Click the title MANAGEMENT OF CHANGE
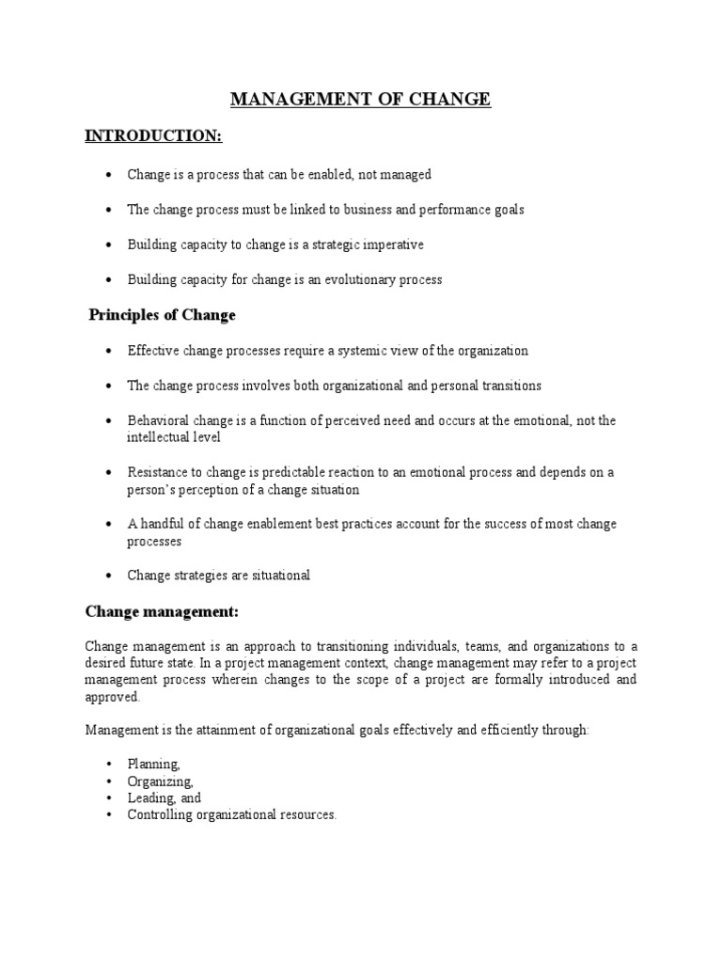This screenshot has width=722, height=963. pyautogui.click(x=361, y=99)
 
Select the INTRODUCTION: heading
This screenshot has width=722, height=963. pyautogui.click(x=153, y=136)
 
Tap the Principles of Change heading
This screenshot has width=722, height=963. pyautogui.click(x=162, y=314)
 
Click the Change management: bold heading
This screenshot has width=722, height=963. pyautogui.click(x=162, y=612)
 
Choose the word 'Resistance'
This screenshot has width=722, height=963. pyautogui.click(x=158, y=472)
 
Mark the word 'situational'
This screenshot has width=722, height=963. pyautogui.click(x=277, y=575)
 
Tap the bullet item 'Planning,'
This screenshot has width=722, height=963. pyautogui.click(x=153, y=765)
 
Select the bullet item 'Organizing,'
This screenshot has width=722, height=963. pyautogui.click(x=161, y=781)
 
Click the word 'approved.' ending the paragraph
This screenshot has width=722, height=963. pyautogui.click(x=113, y=697)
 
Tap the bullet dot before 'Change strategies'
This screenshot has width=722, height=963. pyautogui.click(x=109, y=576)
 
